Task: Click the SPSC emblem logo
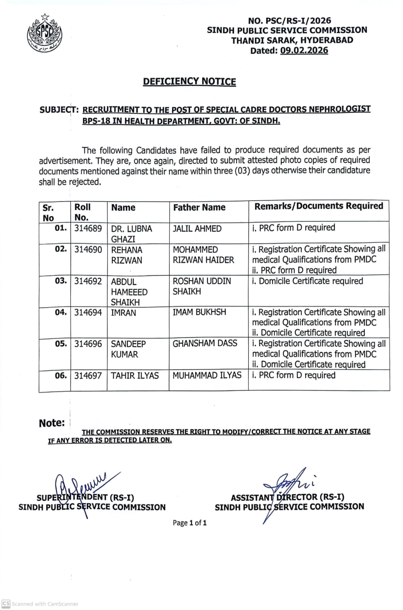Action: tap(44, 35)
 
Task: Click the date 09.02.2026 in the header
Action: tap(304, 51)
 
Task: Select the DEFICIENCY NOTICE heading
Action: tap(189, 82)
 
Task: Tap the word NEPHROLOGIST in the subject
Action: tap(340, 109)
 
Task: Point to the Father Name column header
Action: tap(199, 208)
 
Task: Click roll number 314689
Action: tap(88, 229)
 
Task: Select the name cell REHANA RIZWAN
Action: tap(127, 255)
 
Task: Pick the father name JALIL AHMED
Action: tap(197, 229)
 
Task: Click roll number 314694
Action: tap(88, 313)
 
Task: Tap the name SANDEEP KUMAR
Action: tap(128, 349)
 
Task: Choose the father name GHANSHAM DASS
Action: tap(205, 344)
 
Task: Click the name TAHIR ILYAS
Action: tap(135, 376)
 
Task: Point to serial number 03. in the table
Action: tap(61, 281)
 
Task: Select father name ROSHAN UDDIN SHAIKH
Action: tap(201, 286)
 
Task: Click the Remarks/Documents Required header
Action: tap(319, 206)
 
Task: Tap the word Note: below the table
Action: tap(52, 423)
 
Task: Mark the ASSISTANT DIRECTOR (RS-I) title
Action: tap(287, 497)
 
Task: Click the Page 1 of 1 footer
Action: tap(190, 523)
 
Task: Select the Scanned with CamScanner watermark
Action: tap(40, 604)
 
